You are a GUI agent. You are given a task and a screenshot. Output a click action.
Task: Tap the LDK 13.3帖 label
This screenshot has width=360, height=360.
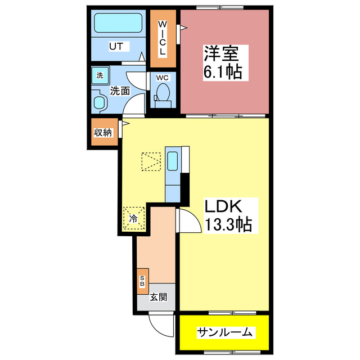[x=223, y=214]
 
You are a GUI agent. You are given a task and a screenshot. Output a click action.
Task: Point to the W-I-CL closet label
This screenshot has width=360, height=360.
[x=161, y=38]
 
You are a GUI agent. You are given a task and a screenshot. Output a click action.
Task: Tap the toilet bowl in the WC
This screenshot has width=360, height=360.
[x=164, y=93]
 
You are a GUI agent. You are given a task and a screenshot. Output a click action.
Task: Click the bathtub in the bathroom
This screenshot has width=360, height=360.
[x=118, y=24]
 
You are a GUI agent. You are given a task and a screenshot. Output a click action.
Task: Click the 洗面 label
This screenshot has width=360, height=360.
[x=120, y=90]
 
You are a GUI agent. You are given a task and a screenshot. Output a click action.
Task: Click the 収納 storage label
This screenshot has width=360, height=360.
[x=103, y=133]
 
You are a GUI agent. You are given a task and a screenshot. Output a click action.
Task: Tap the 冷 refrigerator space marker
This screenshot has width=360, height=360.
[x=134, y=218]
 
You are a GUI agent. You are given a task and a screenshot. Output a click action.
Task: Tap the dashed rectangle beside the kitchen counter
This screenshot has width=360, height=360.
[x=151, y=163]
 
